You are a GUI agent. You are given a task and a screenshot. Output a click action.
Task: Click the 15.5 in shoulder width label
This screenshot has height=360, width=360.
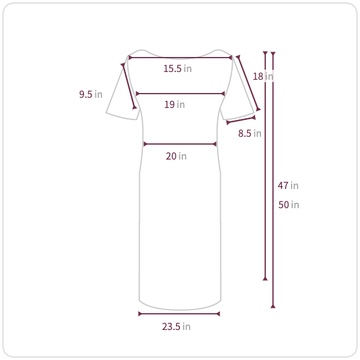(x=178, y=68)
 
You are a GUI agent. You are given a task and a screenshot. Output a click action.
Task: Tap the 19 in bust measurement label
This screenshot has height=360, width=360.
(x=175, y=104)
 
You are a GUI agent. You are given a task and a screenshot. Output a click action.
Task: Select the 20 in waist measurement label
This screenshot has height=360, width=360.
(x=176, y=157)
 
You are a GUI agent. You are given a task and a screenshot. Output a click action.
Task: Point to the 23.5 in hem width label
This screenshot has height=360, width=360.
(x=176, y=326)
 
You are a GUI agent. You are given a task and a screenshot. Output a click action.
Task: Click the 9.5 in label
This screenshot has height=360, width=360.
(x=91, y=94)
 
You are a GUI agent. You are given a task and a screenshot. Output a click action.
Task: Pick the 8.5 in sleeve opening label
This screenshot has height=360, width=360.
(x=250, y=133)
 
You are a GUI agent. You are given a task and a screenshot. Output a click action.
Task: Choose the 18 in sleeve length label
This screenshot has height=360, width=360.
(x=263, y=76)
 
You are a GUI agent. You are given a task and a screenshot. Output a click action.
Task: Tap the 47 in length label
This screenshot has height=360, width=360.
(x=288, y=185)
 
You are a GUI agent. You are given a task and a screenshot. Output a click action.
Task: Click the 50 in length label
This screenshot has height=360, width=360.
(x=289, y=205)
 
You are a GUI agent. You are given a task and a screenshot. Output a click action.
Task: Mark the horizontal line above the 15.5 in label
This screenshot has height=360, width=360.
(x=180, y=58)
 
